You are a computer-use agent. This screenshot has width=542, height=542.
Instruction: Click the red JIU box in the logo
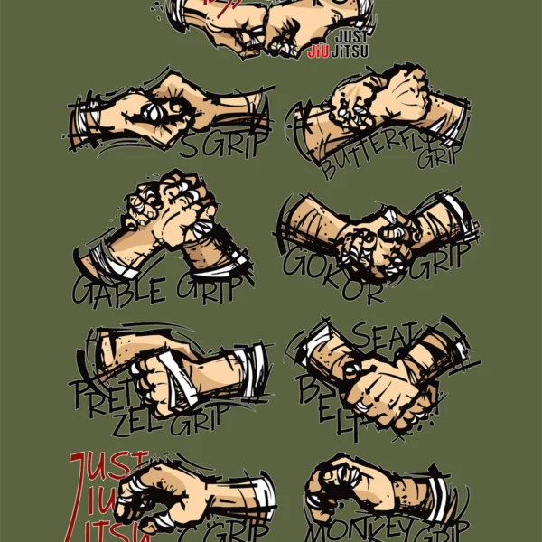click(x=318, y=51)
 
